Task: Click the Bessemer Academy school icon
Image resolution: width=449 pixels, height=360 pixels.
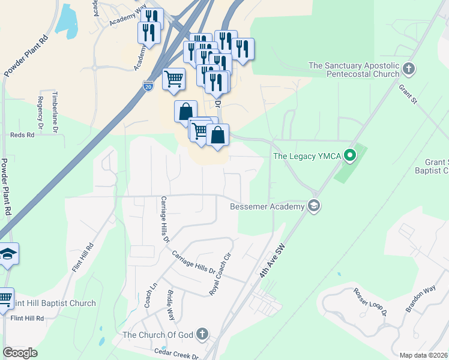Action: (313, 206)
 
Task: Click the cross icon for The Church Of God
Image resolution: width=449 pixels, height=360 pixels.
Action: (203, 334)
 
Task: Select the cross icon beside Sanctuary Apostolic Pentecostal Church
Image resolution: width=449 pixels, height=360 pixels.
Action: (410, 68)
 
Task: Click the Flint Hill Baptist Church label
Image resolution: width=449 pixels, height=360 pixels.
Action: (53, 303)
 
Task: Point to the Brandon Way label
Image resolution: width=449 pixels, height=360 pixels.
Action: (420, 298)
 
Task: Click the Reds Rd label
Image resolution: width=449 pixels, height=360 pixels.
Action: (22, 135)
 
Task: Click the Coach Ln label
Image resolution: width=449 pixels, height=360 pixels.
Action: (147, 296)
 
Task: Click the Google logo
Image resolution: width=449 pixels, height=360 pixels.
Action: (20, 353)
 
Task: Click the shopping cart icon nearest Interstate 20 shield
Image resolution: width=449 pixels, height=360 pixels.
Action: (173, 79)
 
